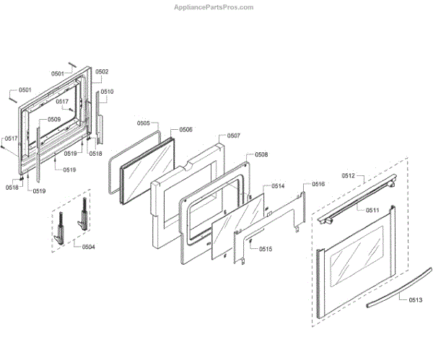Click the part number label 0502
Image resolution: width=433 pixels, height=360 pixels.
coord(101,72)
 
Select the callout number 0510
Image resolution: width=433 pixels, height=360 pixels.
coord(107,92)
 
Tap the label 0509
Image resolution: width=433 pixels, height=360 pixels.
coord(54,119)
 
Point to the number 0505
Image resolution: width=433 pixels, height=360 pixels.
coord(143,123)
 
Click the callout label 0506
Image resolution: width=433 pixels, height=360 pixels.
coord(185,129)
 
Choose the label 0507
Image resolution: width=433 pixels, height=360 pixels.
coord(234,136)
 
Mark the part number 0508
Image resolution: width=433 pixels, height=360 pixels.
coord(261,155)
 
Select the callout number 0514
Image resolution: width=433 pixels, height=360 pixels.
coord(278,186)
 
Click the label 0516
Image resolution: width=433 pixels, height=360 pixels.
coord(318,185)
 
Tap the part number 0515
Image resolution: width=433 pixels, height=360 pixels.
coord(265,249)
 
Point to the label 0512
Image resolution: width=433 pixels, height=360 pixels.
coord(349,175)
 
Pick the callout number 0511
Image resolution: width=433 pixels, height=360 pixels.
coord(372,210)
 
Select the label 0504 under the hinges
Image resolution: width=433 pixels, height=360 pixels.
coord(88,247)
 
